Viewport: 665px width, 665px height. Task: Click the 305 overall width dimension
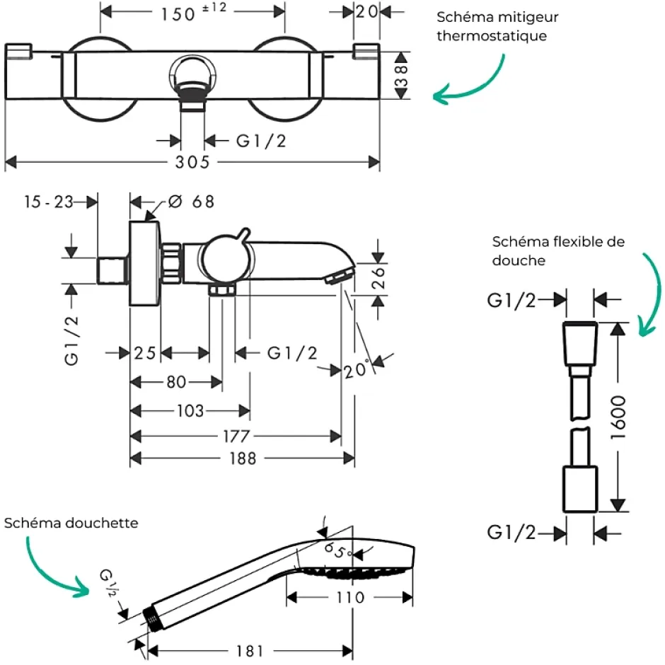coord(192,162)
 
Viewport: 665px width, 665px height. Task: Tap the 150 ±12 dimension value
coord(194,13)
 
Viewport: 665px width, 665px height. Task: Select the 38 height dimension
coord(401,76)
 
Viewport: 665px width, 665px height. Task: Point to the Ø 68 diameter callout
coord(191,202)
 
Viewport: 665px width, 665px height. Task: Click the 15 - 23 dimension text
coord(49,202)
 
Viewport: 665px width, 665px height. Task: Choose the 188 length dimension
coord(243,458)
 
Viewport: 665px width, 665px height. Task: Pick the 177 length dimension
coord(237,436)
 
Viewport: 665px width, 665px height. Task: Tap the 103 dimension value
coord(190,410)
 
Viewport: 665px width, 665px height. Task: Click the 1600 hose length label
coord(618,417)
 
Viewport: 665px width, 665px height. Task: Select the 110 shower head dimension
coord(350,598)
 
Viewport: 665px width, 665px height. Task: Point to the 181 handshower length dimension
coord(250,651)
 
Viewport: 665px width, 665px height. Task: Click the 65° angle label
coord(337,551)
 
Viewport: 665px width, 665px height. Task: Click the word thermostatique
coord(492,35)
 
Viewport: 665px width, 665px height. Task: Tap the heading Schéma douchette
coord(71,523)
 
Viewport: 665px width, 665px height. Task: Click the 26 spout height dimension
coord(378,278)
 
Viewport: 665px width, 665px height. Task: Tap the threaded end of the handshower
coord(151,618)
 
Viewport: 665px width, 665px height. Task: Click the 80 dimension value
coord(176,382)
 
